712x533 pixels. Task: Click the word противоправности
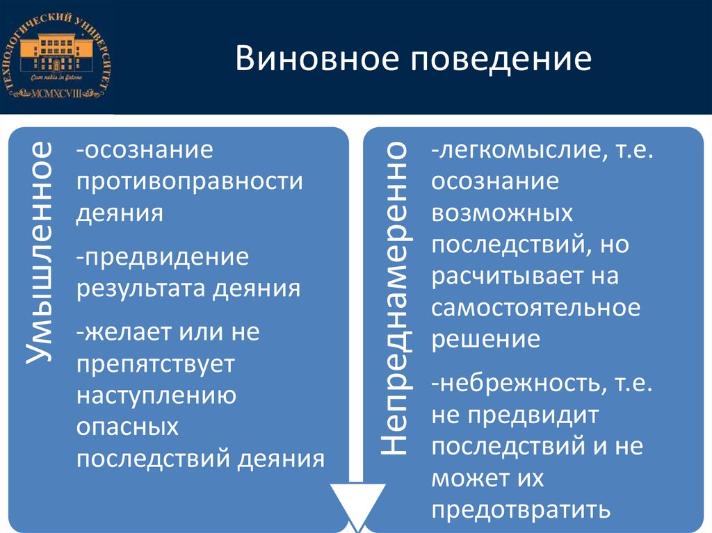(x=190, y=181)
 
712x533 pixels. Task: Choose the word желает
(x=124, y=331)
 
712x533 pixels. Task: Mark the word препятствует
(x=156, y=363)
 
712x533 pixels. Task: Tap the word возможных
(x=501, y=214)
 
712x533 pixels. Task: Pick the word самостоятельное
(x=535, y=308)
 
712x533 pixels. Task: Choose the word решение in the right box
(x=485, y=340)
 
